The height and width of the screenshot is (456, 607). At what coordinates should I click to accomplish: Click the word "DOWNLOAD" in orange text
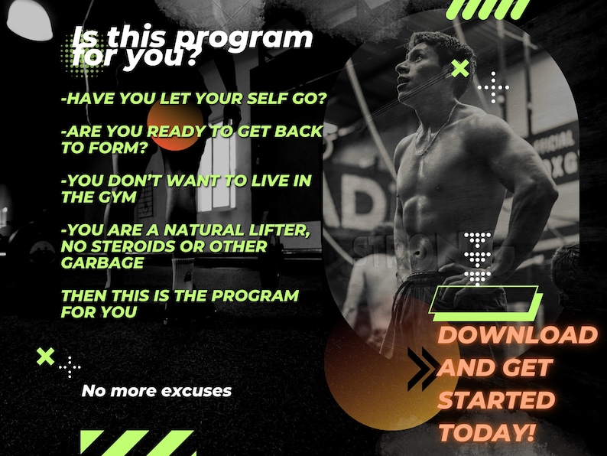tap(517, 334)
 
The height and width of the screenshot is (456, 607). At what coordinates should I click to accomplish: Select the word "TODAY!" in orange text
tap(486, 432)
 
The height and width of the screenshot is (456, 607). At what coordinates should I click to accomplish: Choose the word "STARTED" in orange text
tap(496, 399)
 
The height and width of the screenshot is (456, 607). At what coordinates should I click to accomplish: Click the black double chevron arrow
tap(422, 368)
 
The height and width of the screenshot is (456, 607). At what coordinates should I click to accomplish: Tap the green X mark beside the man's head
tap(460, 70)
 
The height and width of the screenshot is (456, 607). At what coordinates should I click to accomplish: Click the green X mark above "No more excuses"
tap(46, 356)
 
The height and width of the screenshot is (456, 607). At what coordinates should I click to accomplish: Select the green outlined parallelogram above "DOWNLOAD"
tap(485, 299)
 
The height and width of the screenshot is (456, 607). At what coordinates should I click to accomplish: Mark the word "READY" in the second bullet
tap(175, 132)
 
